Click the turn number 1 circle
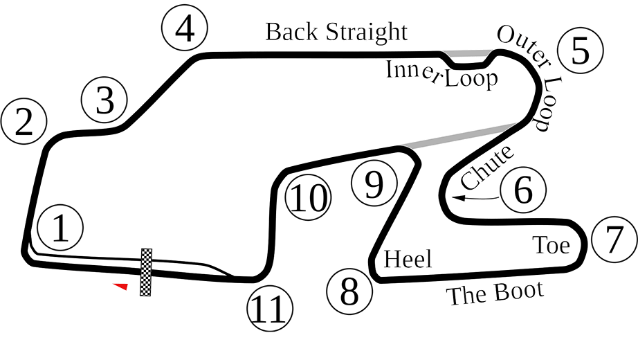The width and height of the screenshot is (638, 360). (61, 228)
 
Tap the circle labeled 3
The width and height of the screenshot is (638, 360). (104, 101)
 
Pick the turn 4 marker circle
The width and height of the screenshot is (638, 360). (184, 29)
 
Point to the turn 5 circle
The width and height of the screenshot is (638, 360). (581, 51)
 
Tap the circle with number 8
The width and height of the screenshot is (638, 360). (350, 291)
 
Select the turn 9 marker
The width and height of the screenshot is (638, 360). (374, 184)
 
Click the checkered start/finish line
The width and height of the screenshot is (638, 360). (147, 272)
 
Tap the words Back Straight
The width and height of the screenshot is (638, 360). (336, 32)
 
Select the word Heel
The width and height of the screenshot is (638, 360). (408, 260)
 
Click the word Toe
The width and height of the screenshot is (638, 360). (552, 245)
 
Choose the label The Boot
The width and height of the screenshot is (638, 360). (495, 293)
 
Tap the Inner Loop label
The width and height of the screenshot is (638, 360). (441, 74)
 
